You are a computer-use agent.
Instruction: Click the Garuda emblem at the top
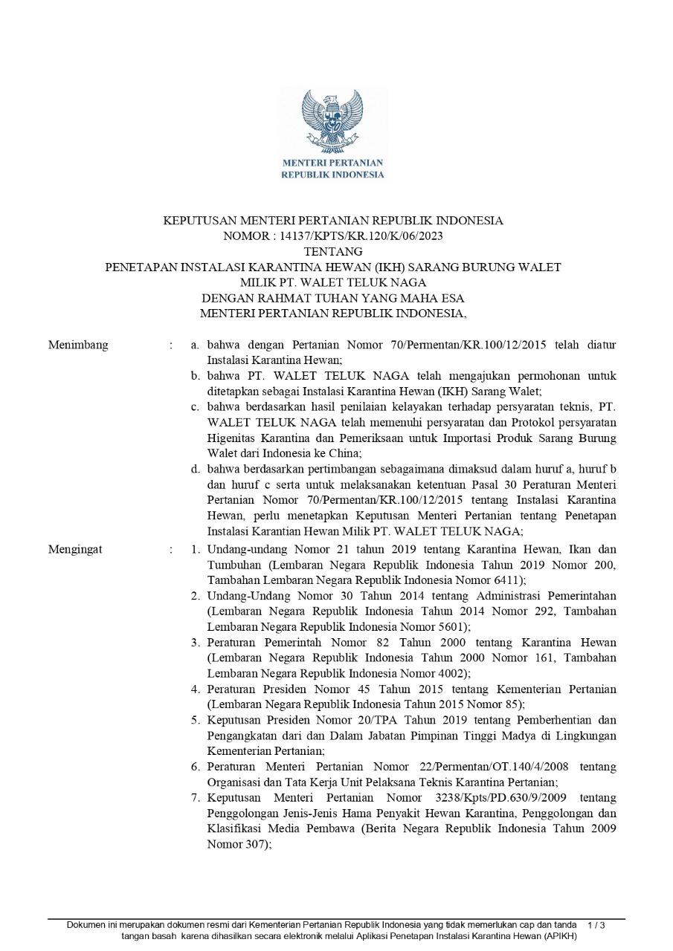point(332,121)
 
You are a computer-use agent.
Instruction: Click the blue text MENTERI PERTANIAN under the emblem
point(332,163)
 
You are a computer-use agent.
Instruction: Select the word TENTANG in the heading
point(333,251)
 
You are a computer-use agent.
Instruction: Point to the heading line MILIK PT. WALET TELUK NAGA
point(333,282)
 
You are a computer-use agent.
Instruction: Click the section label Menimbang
point(78,345)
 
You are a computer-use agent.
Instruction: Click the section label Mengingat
point(75,550)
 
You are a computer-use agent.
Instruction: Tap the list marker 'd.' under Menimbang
point(195,469)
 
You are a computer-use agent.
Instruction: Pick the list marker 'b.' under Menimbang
point(195,376)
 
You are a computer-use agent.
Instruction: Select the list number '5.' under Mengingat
point(195,720)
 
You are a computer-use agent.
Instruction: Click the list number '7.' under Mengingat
point(195,798)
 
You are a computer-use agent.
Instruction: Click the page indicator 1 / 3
point(596,925)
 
